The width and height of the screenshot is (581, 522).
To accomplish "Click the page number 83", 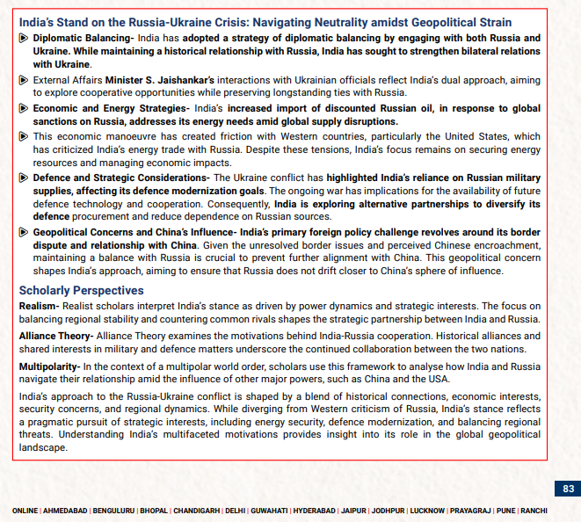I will pyautogui.click(x=568, y=488).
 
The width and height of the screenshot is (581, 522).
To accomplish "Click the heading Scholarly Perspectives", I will pyautogui.click(x=81, y=290).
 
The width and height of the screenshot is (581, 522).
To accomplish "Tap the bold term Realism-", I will pyautogui.click(x=39, y=306).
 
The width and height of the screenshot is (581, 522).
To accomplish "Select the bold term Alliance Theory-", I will pyautogui.click(x=56, y=336).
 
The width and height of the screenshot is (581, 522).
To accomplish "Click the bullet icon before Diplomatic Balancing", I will pyautogui.click(x=24, y=39).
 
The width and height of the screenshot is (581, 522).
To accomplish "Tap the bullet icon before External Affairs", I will pyautogui.click(x=24, y=80).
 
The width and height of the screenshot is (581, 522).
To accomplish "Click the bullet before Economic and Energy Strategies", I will pyautogui.click(x=24, y=108).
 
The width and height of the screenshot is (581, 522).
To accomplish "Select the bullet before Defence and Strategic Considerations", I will pyautogui.click(x=24, y=178).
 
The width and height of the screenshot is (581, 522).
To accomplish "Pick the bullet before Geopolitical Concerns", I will pyautogui.click(x=24, y=232).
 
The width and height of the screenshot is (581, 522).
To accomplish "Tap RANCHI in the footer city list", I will pyautogui.click(x=534, y=511).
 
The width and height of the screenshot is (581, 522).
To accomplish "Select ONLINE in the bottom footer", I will pyautogui.click(x=25, y=511).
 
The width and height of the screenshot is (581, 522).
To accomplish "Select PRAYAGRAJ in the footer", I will pyautogui.click(x=468, y=511).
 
